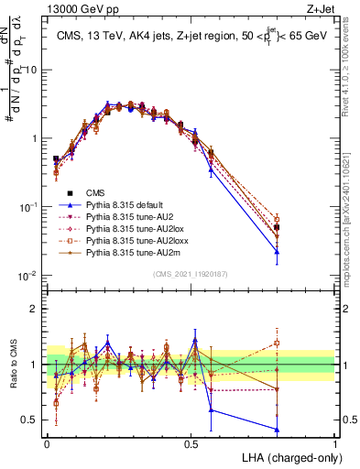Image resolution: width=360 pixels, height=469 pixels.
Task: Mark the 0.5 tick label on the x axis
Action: click(191, 442)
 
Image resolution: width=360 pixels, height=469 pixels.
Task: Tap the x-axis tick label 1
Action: click(334, 442)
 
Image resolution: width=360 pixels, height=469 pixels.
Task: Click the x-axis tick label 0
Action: click(47, 442)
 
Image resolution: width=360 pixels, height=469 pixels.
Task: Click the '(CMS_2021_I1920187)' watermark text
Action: click(191, 274)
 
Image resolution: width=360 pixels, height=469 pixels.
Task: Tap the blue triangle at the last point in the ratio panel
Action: click(277, 429)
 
